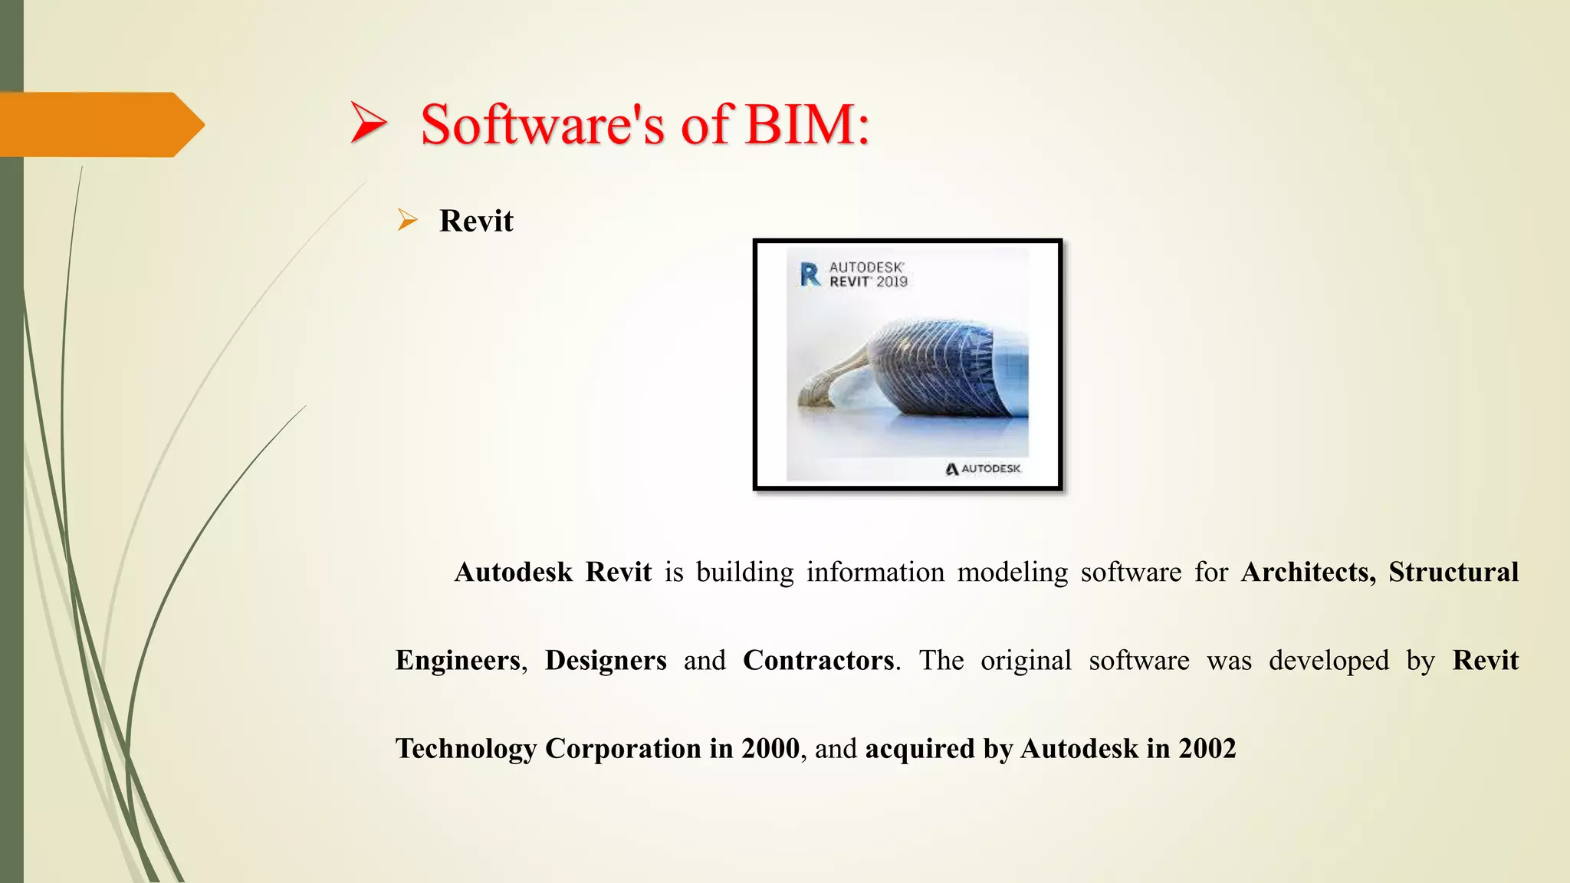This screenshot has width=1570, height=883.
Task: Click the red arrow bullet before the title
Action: point(368,123)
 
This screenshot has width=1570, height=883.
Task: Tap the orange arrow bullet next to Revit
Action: point(407,221)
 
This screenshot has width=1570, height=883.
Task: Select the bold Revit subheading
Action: point(476,221)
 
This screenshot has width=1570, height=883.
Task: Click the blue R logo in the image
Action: point(810,274)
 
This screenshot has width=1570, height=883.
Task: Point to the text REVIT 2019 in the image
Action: point(868,282)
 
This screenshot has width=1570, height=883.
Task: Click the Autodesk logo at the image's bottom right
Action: point(983,468)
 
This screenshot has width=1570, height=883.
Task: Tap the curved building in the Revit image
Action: point(920,368)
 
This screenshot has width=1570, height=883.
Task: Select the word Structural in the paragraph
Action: point(1453,572)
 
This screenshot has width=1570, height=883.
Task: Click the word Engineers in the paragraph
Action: point(458,660)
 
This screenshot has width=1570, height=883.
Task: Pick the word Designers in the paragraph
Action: point(606,660)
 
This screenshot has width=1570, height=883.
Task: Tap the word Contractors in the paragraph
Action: point(818,660)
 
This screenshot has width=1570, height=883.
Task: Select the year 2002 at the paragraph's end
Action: point(1207,748)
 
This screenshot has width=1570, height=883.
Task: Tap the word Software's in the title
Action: point(543,124)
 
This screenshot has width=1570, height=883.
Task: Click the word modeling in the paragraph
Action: point(1012,572)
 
